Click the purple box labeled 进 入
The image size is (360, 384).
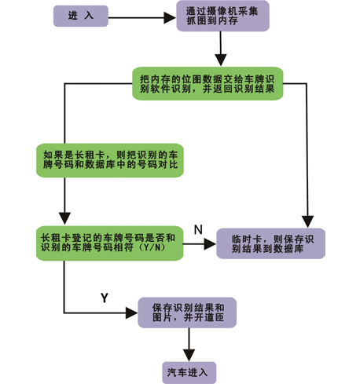click(x=81, y=16)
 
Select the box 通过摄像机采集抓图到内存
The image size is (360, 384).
click(x=222, y=16)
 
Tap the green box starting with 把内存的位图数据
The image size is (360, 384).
click(x=208, y=83)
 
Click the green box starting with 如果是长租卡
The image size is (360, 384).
click(x=110, y=160)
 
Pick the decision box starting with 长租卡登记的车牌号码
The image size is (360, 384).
click(x=109, y=243)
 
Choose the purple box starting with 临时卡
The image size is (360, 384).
click(x=270, y=243)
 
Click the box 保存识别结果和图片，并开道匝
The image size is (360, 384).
click(x=187, y=313)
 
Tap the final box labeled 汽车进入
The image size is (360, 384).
click(x=189, y=373)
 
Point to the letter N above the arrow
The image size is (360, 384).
click(x=198, y=229)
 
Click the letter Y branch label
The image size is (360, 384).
click(x=105, y=298)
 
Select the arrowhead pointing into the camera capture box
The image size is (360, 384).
click(x=170, y=18)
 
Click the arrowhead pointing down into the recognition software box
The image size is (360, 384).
click(x=221, y=60)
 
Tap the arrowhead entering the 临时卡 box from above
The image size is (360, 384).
click(x=307, y=221)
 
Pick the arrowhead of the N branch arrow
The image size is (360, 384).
click(x=210, y=244)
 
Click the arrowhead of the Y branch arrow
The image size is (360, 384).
click(x=132, y=313)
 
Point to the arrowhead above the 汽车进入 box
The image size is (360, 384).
click(x=189, y=355)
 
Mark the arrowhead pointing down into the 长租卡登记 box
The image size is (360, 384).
click(x=64, y=218)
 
